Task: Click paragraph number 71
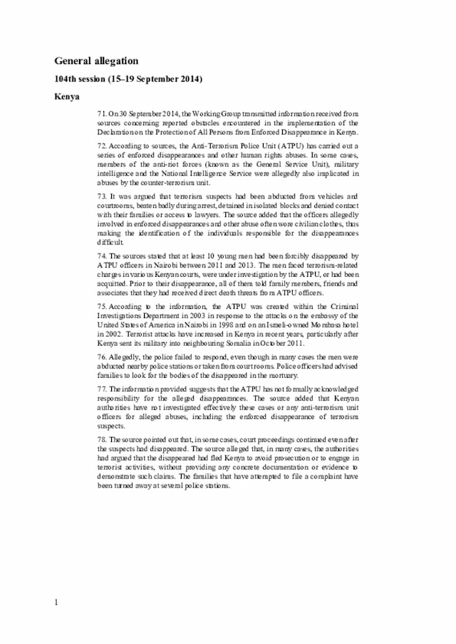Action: pyautogui.click(x=100, y=114)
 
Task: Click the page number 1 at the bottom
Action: pyautogui.click(x=56, y=603)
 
